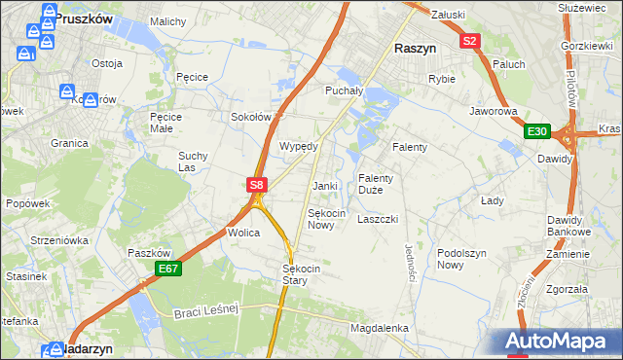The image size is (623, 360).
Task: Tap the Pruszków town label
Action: point(85,18)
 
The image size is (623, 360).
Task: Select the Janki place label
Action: point(324,186)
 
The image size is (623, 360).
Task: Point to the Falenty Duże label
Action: point(376,184)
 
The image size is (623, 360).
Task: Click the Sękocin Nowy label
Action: point(326,219)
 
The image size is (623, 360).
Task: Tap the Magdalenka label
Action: point(380,329)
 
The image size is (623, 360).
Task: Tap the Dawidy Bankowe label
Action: point(568,226)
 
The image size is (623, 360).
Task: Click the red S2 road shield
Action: point(470,41)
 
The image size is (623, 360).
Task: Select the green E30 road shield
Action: point(536,131)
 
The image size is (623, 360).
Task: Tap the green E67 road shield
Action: point(168,269)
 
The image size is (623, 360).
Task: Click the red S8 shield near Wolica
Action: point(256,184)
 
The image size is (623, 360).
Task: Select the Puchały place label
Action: point(343,90)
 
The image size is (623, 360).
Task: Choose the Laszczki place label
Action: point(378,219)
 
